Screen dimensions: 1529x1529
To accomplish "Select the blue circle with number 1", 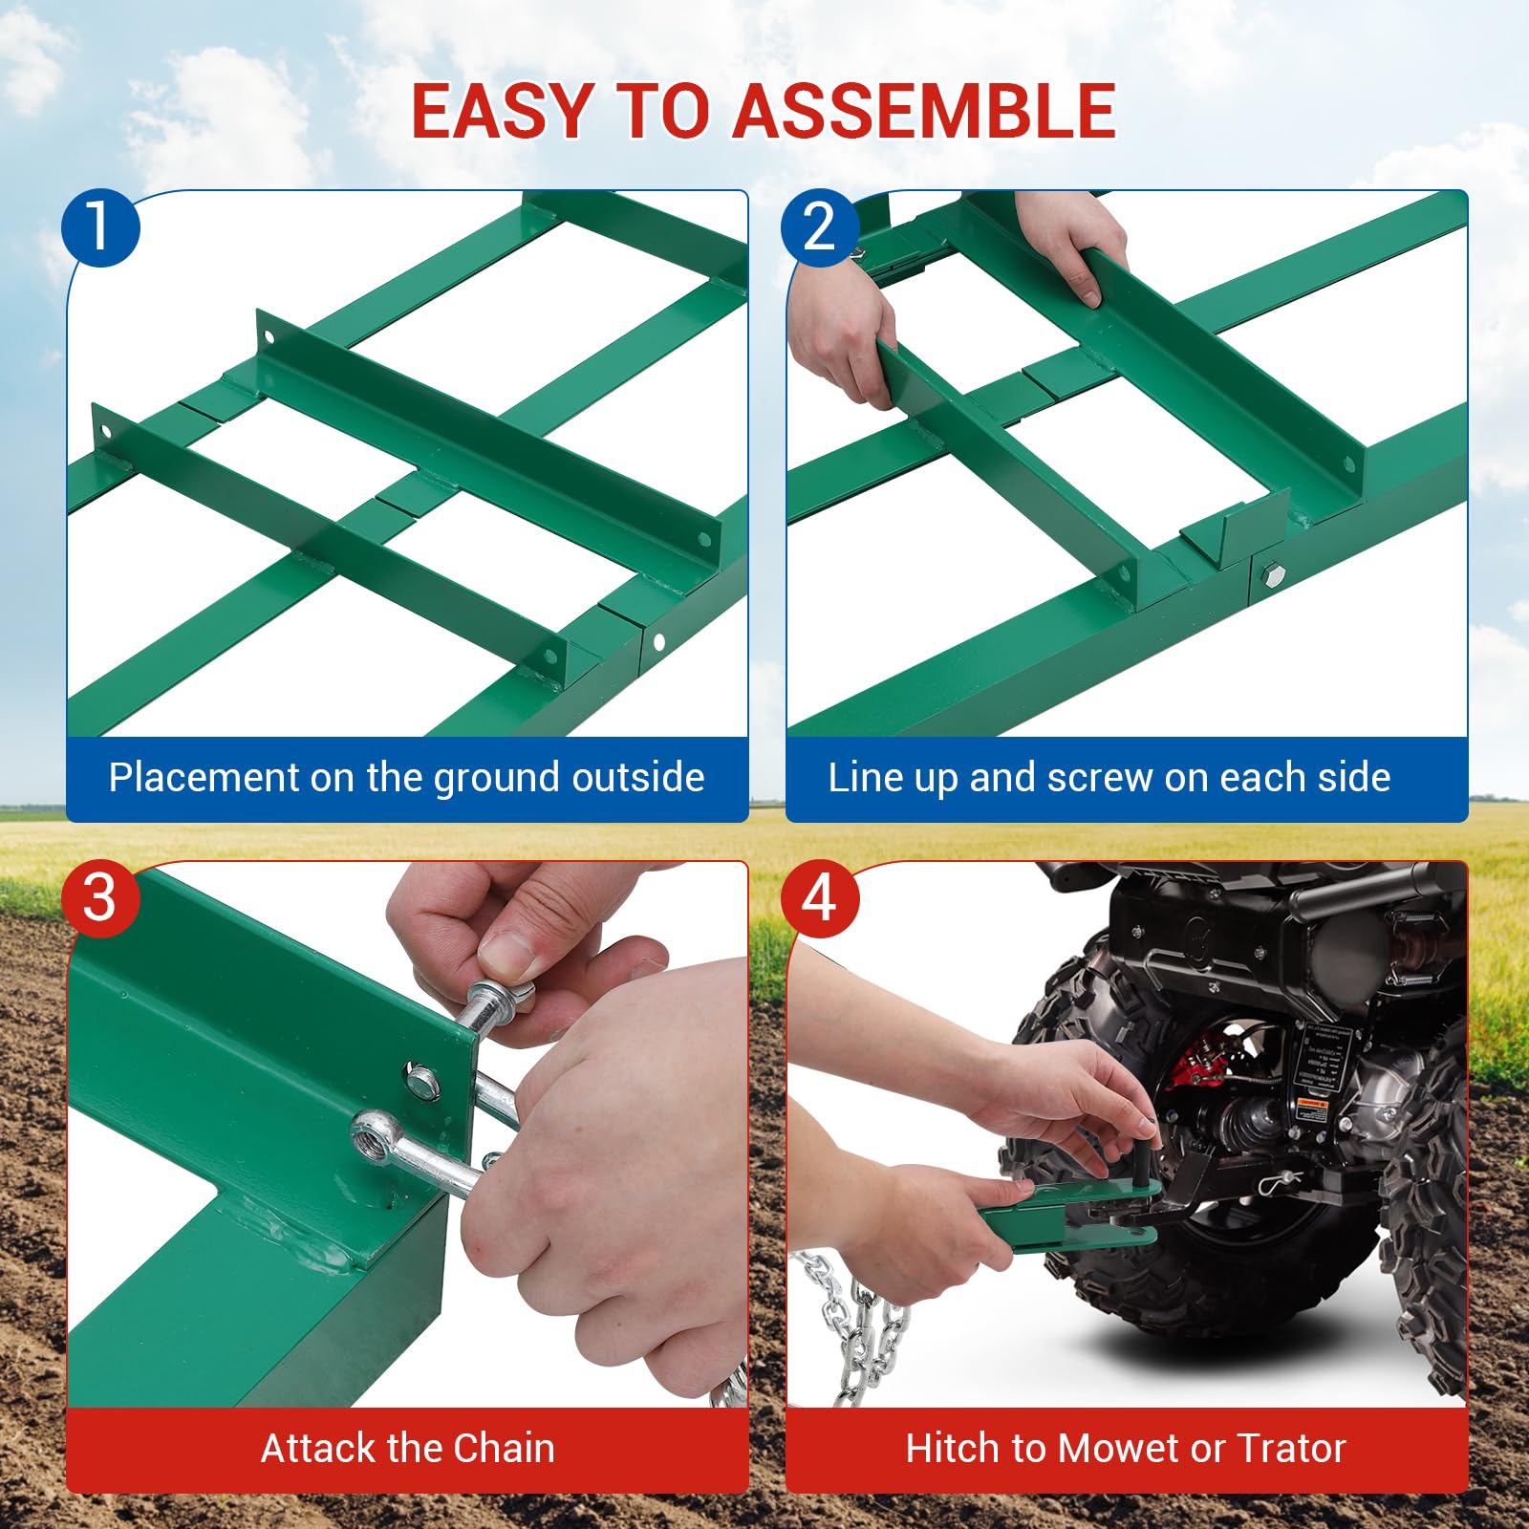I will [100, 227].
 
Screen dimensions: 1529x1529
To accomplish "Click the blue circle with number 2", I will [819, 227].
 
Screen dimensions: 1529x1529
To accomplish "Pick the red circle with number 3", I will [100, 898].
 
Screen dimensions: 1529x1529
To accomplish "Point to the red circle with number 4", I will [819, 898].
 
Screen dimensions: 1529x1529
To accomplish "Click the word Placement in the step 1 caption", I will [204, 778].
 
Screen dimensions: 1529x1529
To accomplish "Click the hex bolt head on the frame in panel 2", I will [1273, 575].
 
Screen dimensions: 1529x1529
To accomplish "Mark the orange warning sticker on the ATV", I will [1313, 1109].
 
